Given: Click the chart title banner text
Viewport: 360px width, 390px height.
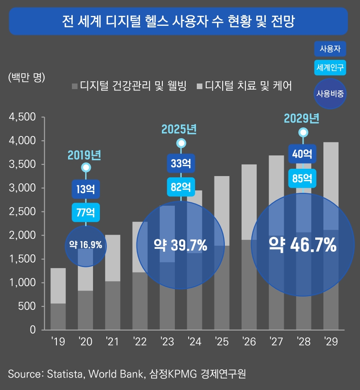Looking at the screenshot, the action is click(180, 21).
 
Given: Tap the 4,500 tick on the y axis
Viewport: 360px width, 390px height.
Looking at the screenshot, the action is click(26, 117).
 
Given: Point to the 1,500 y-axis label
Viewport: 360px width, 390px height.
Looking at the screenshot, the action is click(26, 259).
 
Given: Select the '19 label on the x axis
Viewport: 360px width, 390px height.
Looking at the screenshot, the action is click(58, 342).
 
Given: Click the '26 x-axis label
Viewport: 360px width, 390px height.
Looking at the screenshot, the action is click(249, 342).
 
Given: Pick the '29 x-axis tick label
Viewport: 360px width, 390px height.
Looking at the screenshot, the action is click(331, 342).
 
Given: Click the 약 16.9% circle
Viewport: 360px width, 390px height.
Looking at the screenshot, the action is click(86, 245).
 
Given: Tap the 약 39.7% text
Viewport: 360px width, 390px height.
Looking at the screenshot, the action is click(180, 245).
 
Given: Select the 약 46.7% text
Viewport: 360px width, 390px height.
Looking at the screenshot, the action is click(303, 245).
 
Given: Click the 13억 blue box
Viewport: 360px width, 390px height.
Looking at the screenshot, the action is click(86, 189).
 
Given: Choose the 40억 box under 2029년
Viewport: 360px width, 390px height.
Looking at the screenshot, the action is click(303, 154).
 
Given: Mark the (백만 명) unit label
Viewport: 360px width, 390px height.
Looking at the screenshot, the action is click(26, 77).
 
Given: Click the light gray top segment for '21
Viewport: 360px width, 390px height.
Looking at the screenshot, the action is click(112, 257).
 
